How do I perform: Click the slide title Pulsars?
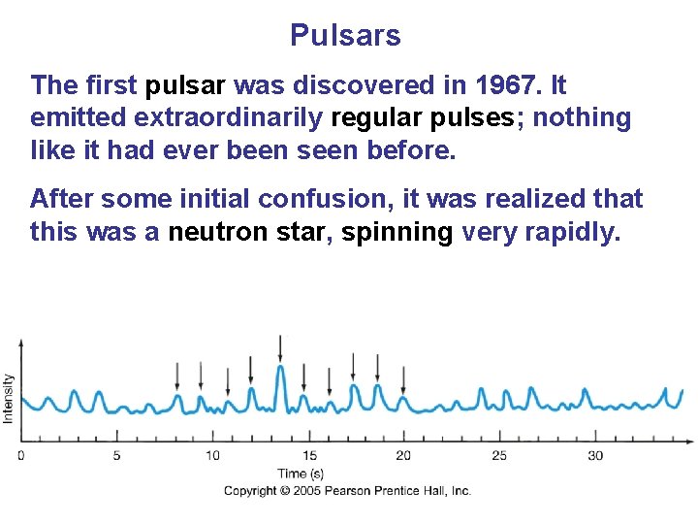(345, 36)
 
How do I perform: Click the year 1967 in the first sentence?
(506, 85)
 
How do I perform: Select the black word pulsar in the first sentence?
(189, 85)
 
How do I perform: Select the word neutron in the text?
(221, 233)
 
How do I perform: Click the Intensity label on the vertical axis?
(10, 398)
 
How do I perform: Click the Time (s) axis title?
(301, 474)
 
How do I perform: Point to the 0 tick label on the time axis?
(21, 456)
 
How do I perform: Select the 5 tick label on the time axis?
(117, 456)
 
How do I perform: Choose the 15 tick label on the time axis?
(308, 456)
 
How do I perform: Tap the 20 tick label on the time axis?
(403, 456)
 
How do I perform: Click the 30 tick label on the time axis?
(594, 456)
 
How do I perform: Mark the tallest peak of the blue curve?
(280, 368)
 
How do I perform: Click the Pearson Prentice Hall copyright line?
(347, 491)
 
